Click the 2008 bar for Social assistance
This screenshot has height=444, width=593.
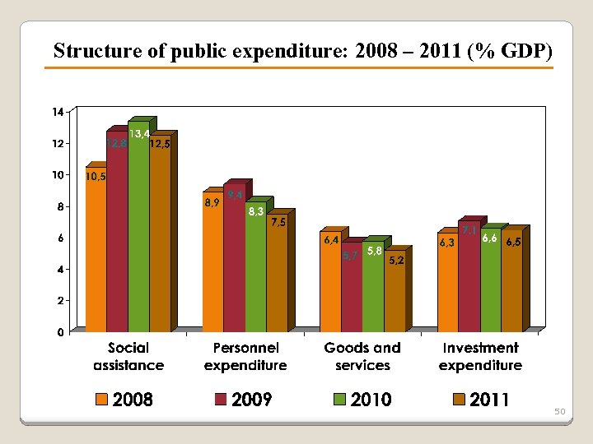point(96,255)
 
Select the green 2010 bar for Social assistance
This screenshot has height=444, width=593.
point(138,230)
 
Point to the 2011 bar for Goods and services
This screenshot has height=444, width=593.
point(395,296)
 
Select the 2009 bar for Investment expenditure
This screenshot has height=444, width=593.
point(469,280)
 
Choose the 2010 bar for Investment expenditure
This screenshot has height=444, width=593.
point(490,284)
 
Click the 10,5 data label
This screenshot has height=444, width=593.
point(96,176)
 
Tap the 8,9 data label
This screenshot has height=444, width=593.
point(212,202)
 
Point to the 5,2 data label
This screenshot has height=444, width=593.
point(396,261)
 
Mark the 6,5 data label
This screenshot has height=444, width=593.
point(513,243)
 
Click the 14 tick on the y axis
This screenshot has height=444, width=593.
point(58,112)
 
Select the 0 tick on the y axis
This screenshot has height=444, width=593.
point(60,332)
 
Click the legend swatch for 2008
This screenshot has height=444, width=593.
point(101,400)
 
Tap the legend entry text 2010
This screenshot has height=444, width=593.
point(371,400)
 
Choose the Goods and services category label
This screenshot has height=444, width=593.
point(362,356)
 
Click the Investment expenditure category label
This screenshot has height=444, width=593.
point(480,356)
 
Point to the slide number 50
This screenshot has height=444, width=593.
point(559,410)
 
